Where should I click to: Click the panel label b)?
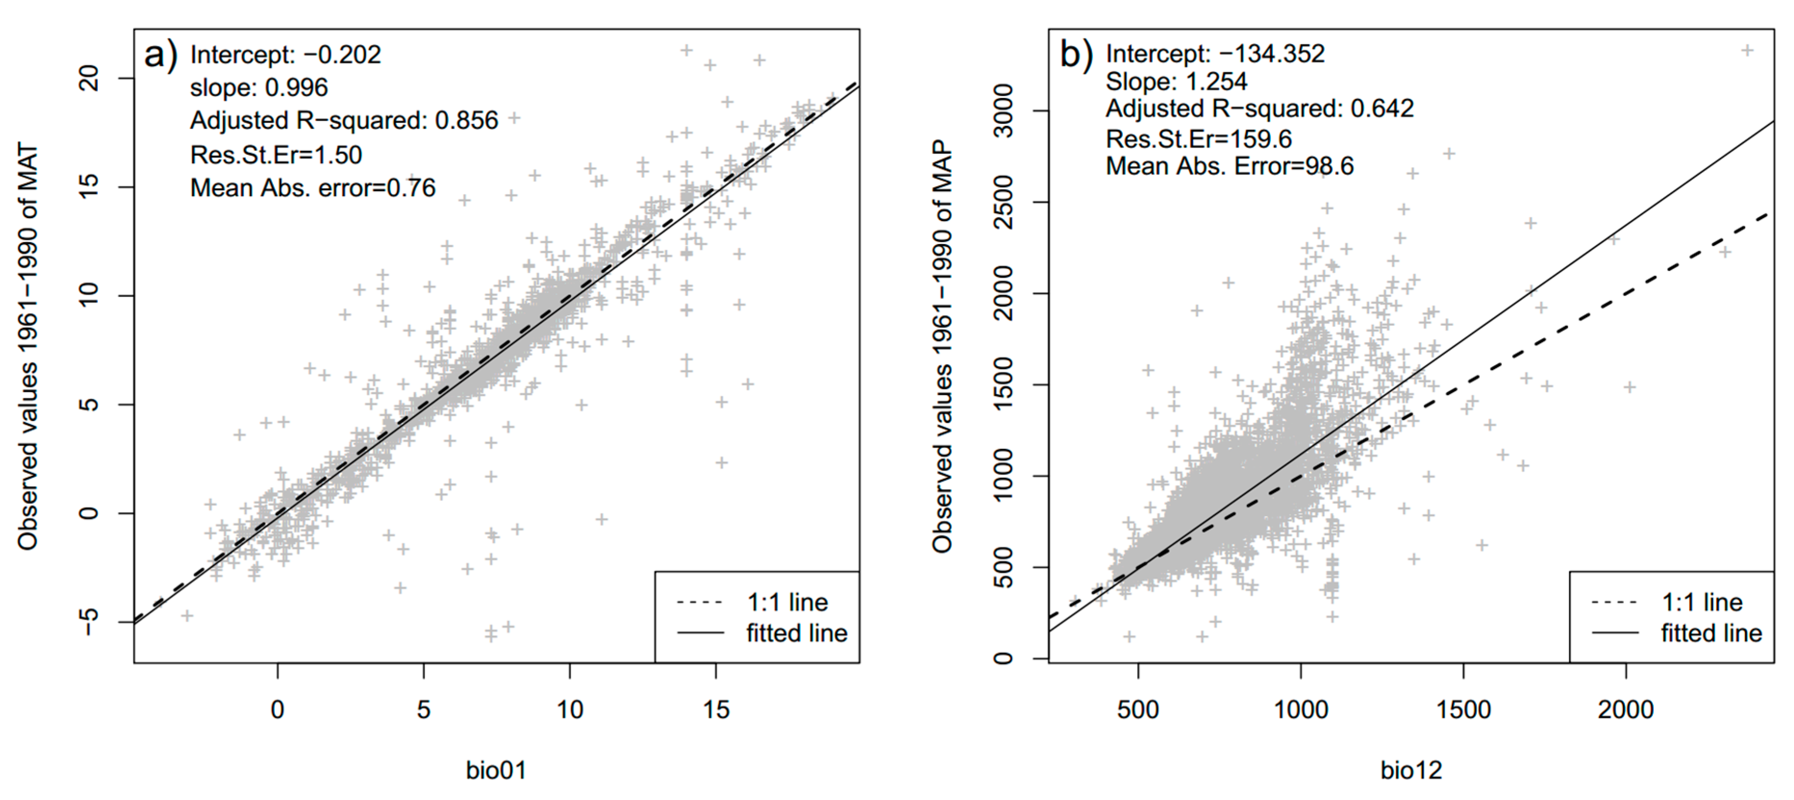1076,54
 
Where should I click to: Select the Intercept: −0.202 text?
286,54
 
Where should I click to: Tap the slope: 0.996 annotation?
258,88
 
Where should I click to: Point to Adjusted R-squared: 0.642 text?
1259,109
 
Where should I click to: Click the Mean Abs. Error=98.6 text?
1229,166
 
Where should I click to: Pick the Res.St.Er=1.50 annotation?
276,155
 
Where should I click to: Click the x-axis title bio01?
496,770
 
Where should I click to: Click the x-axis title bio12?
1411,770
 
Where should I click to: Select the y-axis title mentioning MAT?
28,348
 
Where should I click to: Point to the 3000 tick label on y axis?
1003,111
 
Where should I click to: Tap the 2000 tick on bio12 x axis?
1625,710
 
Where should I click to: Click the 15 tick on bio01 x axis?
716,710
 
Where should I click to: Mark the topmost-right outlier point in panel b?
1746,50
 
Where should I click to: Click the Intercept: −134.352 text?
1215,54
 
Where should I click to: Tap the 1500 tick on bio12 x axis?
1463,710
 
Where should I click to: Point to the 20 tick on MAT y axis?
88,79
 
